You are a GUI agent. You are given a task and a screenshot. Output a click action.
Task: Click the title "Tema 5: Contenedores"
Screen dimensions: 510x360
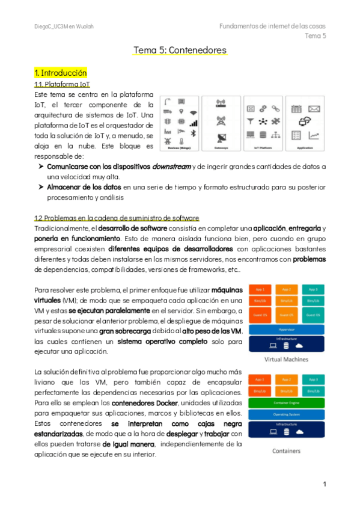180,51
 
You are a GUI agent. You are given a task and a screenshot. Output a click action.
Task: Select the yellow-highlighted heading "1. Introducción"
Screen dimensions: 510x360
61,73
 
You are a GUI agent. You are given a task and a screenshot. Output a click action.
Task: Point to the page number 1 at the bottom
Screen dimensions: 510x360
325,484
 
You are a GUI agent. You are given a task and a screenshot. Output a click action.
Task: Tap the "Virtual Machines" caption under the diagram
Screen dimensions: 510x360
287,359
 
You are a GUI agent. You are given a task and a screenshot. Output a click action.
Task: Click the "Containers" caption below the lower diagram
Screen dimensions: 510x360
287,450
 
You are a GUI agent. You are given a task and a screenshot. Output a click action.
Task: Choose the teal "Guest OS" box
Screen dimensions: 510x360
313,314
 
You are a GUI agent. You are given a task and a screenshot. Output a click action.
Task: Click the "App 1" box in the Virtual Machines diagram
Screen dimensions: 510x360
260,289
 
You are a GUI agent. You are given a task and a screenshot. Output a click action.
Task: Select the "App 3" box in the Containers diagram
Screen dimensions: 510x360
313,380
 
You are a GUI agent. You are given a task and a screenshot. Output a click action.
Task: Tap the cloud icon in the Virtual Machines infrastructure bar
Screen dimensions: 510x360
299,346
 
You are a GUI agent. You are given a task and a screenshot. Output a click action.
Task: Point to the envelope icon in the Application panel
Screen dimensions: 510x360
314,109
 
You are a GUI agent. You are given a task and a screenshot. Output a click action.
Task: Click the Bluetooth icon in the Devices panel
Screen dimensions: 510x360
194,133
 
